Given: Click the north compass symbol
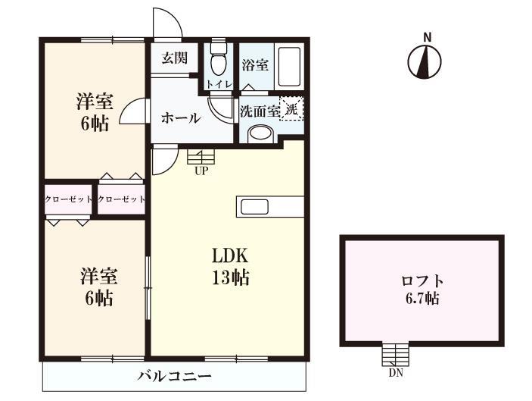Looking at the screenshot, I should pyautogui.click(x=426, y=61).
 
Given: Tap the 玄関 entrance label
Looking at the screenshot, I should pyautogui.click(x=175, y=58).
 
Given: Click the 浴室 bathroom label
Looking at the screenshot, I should pyautogui.click(x=255, y=65).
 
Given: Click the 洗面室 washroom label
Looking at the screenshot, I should pyautogui.click(x=260, y=111).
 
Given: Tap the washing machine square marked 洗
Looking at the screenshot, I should pyautogui.click(x=292, y=108).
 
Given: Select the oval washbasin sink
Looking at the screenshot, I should pyautogui.click(x=260, y=135).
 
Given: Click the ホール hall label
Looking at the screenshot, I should pyautogui.click(x=180, y=118).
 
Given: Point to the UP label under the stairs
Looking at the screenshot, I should pyautogui.click(x=201, y=170).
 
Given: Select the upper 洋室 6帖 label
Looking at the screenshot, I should pyautogui.click(x=95, y=111).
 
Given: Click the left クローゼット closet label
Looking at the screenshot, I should pyautogui.click(x=68, y=199).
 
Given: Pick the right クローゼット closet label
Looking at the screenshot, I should pyautogui.click(x=121, y=199).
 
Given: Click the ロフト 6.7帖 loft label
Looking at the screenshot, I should pyautogui.click(x=422, y=288).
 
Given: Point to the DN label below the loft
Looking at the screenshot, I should pyautogui.click(x=395, y=372).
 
